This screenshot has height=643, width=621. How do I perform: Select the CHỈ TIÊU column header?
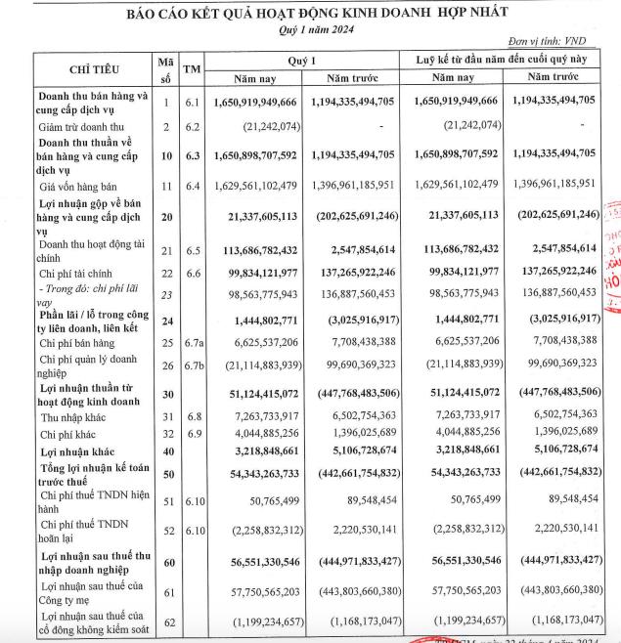pos(95,69)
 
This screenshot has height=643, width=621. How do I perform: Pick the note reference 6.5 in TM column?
pos(193,247)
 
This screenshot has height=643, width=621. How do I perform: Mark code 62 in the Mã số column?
pos(166,621)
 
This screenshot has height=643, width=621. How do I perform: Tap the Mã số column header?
pos(166,69)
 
